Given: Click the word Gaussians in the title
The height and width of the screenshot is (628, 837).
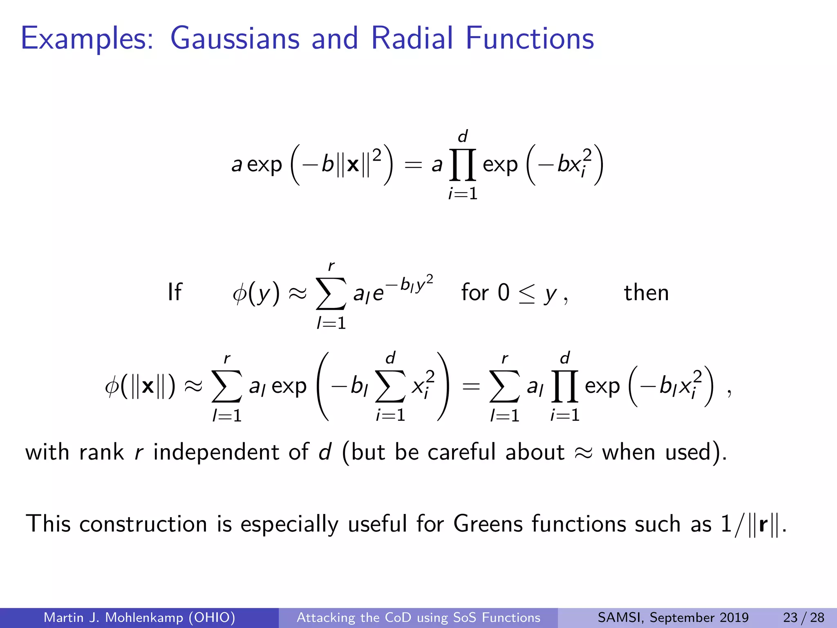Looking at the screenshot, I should click(235, 38).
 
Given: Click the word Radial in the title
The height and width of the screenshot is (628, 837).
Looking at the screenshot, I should click(412, 38).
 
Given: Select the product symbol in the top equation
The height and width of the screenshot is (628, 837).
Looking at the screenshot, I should click(463, 165).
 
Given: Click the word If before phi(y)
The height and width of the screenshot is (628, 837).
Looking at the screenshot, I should click(175, 293).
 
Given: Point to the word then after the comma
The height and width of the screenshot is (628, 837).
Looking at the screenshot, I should click(646, 293).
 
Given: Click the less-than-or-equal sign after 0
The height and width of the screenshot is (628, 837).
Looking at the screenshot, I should click(526, 294).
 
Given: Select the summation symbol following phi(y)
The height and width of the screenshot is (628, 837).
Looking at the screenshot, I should click(331, 294).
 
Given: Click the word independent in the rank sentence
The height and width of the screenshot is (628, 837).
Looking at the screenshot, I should click(216, 452).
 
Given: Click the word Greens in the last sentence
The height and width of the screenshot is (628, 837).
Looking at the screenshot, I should click(488, 524).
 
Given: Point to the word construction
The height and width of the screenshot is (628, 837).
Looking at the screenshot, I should click(143, 524).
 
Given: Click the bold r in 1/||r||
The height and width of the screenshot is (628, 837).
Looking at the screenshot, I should click(763, 525).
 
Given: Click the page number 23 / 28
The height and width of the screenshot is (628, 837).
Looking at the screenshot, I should click(803, 617).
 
